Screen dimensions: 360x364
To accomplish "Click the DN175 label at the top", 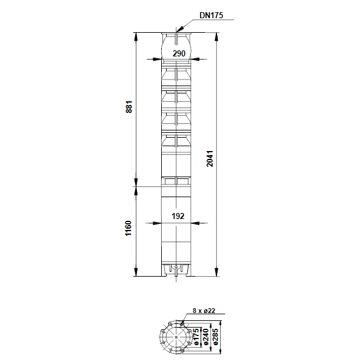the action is (x=211, y=15).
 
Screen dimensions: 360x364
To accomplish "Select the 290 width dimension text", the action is (x=179, y=53).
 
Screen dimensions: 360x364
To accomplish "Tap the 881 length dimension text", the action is (x=128, y=107).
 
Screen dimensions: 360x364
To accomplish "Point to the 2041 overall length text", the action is (x=210, y=158).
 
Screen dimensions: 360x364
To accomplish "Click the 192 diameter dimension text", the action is (x=178, y=216).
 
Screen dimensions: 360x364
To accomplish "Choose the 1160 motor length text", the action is (x=128, y=229).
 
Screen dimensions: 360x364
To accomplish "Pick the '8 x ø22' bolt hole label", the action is (x=204, y=311).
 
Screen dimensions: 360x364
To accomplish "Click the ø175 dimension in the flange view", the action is (x=196, y=337).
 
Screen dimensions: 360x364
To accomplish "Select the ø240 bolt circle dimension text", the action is (x=205, y=337).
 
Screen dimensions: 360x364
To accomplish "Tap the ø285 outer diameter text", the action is (x=215, y=337).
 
